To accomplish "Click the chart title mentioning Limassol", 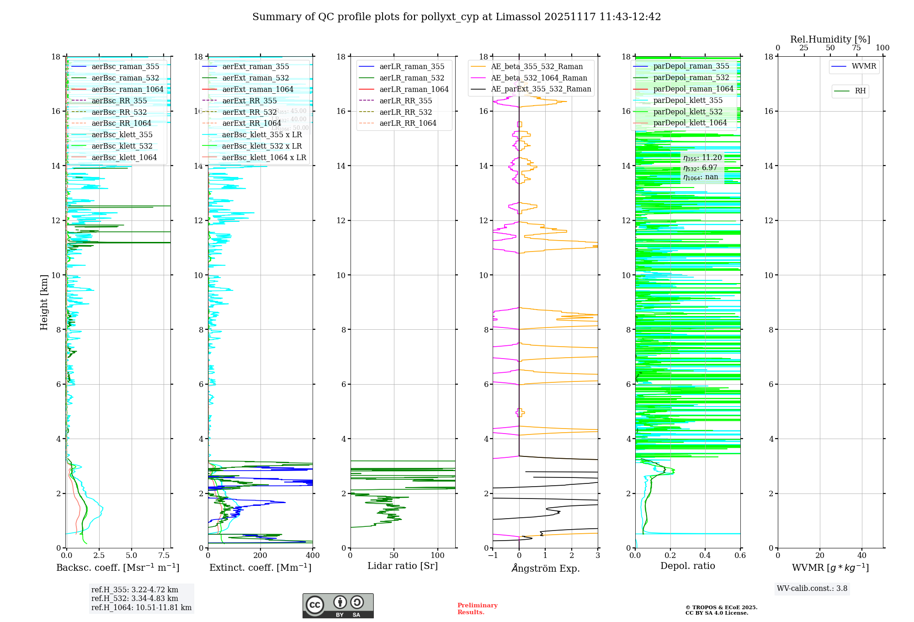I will (457, 17).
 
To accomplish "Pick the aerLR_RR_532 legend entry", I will (405, 112).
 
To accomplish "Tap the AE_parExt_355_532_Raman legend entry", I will (541, 89).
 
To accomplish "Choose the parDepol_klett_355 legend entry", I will (688, 101).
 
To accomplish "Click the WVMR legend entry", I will (864, 66).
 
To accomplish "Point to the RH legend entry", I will (860, 91).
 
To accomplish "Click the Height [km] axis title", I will (44, 302).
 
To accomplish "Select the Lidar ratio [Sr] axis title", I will (403, 566).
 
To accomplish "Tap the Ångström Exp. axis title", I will (546, 568).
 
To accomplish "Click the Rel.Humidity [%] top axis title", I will (830, 39).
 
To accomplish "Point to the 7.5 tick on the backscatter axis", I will (164, 556).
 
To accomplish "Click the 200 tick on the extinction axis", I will (260, 556).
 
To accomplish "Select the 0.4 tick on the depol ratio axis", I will (705, 556).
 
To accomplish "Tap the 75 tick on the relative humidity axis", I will (856, 48).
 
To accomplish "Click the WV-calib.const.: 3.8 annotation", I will (812, 589).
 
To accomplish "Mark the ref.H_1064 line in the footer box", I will (141, 608).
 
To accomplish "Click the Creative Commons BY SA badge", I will (338, 606).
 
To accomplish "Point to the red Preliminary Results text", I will (477, 609).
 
